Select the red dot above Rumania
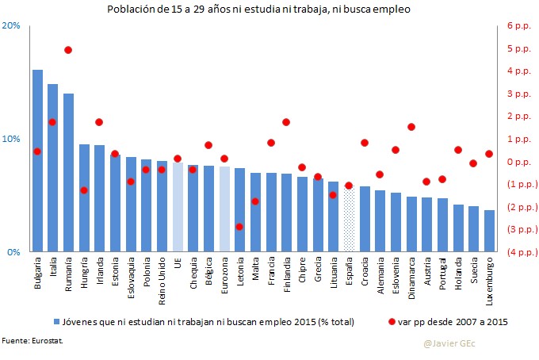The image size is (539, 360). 68,50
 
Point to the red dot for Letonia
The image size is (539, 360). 239,227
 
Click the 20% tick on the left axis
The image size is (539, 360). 12,25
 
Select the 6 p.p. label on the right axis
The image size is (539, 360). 517,25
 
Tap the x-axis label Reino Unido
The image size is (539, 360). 162,278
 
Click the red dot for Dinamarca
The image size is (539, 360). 411,127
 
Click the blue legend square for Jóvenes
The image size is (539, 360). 57,322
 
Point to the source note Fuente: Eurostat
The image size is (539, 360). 32,340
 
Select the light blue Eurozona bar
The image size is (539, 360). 224,209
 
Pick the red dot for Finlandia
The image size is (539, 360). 286,122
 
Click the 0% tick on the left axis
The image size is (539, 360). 14,252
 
